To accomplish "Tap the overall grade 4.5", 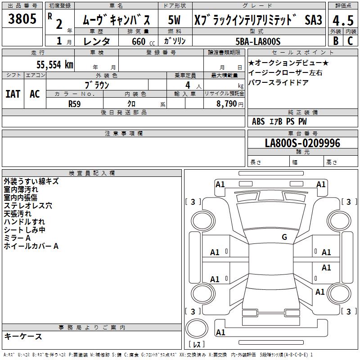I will (x=342, y=20).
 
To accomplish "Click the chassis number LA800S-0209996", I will (x=302, y=143).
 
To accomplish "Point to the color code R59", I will (x=74, y=103).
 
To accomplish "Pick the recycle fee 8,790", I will (x=225, y=103).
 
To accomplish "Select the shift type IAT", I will (x=13, y=94).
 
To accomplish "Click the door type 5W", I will (x=174, y=20).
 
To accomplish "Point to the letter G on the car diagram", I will (x=284, y=237).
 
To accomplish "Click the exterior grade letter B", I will (x=336, y=41).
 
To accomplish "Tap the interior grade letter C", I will (x=350, y=41).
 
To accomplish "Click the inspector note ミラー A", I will (x=17, y=238).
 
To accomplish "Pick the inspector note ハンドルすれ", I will (x=24, y=222).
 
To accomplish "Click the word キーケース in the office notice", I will (x=23, y=337).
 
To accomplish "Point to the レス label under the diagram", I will (x=197, y=345).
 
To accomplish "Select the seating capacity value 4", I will (x=187, y=85).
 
